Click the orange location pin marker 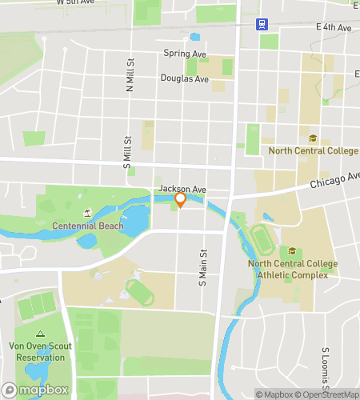[x=181, y=199]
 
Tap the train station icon [x=261, y=23]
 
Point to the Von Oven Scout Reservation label [x=41, y=351]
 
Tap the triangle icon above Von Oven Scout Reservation [x=40, y=334]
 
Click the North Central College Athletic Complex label [x=293, y=270]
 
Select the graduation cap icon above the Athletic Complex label [x=292, y=251]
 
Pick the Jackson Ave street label [x=182, y=189]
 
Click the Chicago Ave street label [x=335, y=180]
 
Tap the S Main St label [x=202, y=266]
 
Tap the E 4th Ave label [x=334, y=28]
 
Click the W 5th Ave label [x=74, y=3]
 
